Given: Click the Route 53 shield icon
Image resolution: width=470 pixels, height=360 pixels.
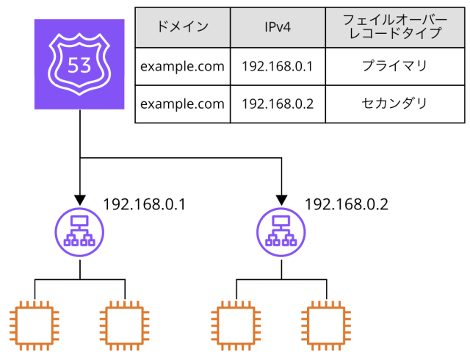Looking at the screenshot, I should [79, 65].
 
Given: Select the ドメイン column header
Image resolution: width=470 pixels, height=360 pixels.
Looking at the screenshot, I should [182, 28].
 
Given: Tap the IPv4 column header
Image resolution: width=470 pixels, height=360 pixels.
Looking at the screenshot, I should [278, 28].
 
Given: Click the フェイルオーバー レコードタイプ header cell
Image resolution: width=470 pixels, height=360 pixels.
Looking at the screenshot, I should [394, 28].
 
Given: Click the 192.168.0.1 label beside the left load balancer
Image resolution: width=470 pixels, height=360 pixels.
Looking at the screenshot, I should [144, 204].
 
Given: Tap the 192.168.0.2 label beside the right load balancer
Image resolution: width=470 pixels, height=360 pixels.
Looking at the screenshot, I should [346, 204].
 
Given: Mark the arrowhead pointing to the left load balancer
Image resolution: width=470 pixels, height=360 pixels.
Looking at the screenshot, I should [79, 200].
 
